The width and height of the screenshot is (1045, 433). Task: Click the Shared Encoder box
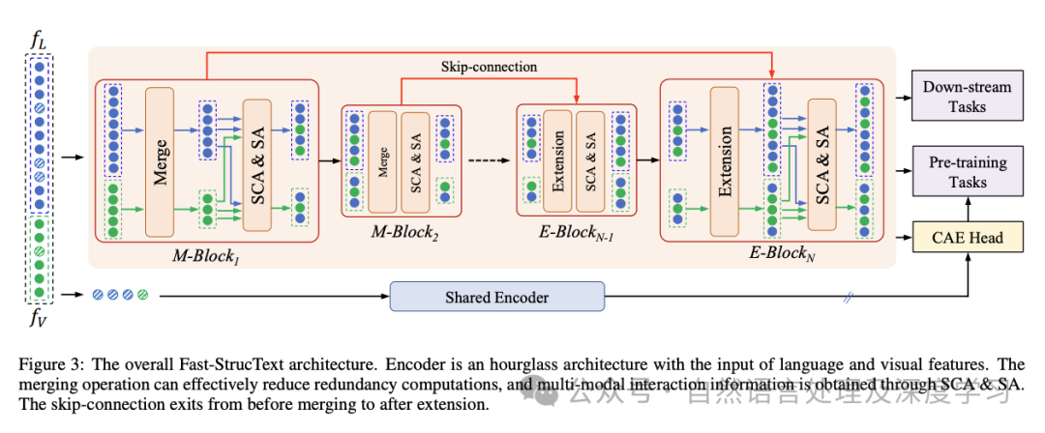tap(496, 297)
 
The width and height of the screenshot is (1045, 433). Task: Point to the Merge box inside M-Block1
tap(162, 161)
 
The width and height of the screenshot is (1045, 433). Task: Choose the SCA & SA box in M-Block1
tap(258, 163)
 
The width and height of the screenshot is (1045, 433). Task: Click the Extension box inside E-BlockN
tap(726, 161)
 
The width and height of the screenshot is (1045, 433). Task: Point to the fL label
tap(39, 42)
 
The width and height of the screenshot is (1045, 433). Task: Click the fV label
tap(39, 319)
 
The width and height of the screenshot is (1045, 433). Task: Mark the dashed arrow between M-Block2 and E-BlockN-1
tap(487, 159)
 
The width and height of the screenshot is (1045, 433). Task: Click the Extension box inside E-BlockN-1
tap(556, 159)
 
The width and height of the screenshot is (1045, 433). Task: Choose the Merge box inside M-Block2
tap(382, 159)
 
